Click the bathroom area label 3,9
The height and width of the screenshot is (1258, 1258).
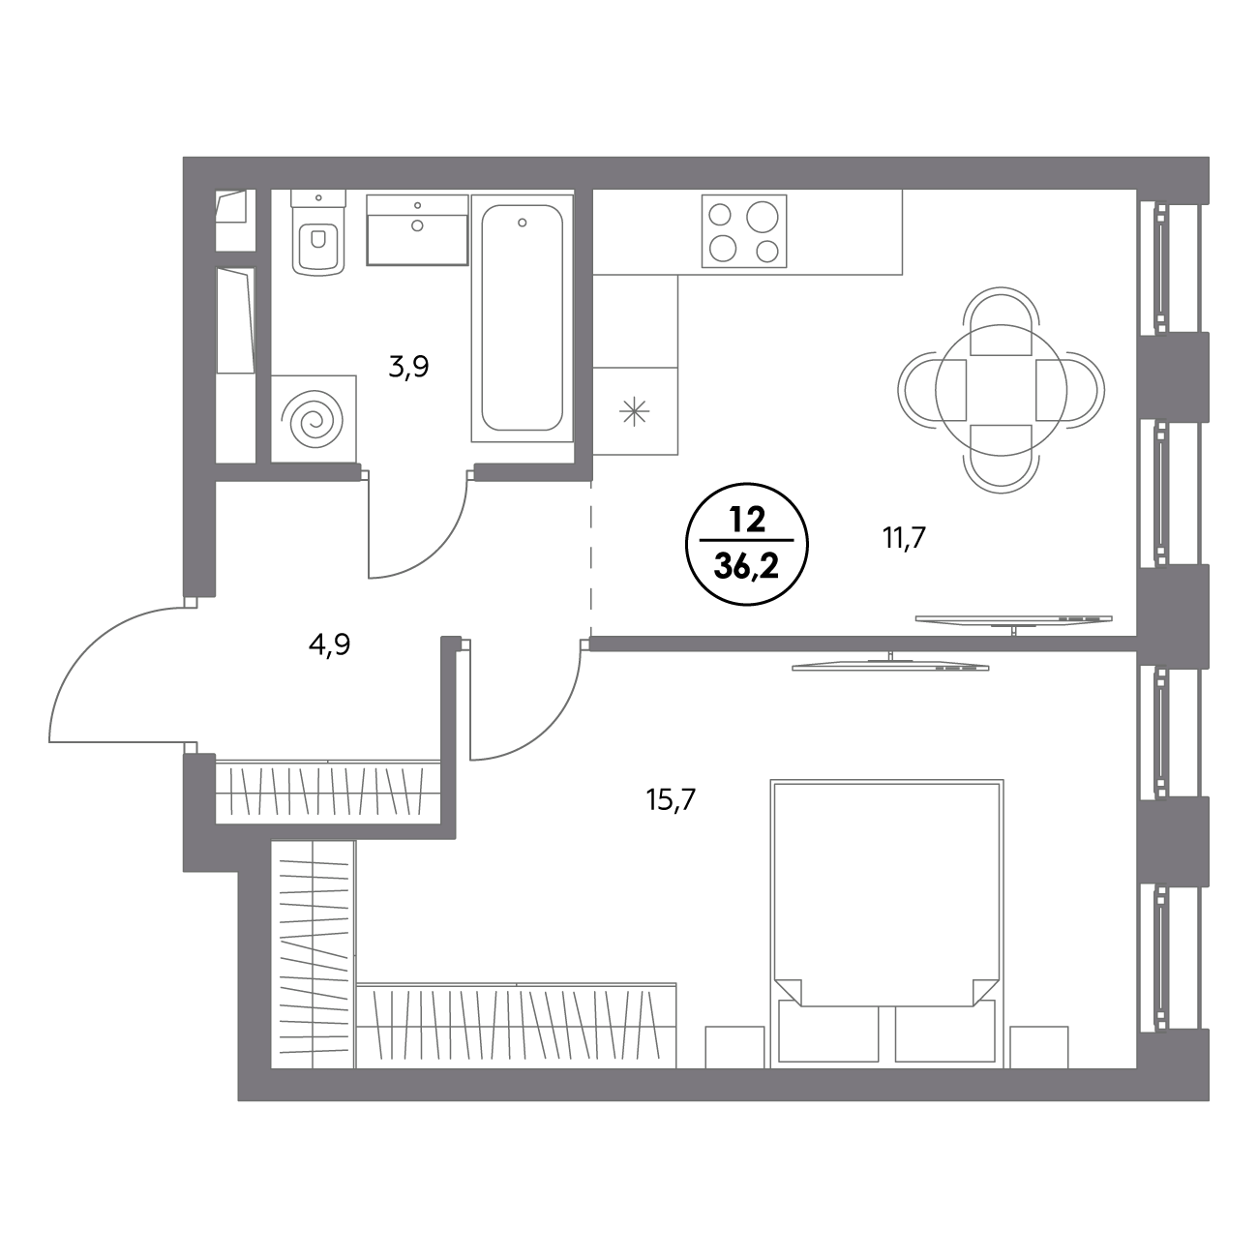pyautogui.click(x=408, y=368)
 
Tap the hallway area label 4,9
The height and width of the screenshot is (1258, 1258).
pyautogui.click(x=330, y=645)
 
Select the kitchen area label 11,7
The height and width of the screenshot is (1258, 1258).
pyautogui.click(x=905, y=539)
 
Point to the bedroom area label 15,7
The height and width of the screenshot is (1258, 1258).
pyautogui.click(x=672, y=798)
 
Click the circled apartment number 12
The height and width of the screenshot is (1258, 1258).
pyautogui.click(x=747, y=521)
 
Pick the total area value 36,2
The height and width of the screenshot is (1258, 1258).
pyautogui.click(x=747, y=568)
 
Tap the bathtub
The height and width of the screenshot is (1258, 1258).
pyautogui.click(x=523, y=317)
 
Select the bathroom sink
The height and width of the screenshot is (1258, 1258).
pyautogui.click(x=418, y=229)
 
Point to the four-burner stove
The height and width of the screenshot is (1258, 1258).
pyautogui.click(x=744, y=231)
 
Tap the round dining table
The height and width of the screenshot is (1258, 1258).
pyautogui.click(x=1001, y=390)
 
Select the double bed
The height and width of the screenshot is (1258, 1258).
pyautogui.click(x=886, y=922)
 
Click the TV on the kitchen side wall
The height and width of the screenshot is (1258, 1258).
pyautogui.click(x=1014, y=619)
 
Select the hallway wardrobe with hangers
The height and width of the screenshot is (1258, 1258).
pyautogui.click(x=328, y=791)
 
